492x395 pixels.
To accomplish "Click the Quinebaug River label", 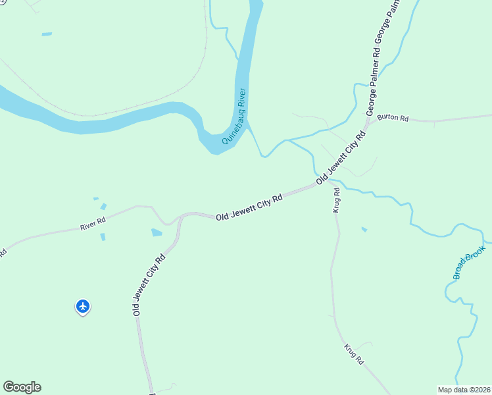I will (x=234, y=116).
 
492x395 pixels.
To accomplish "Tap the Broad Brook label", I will (x=468, y=262).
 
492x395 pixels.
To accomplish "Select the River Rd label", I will (x=93, y=224).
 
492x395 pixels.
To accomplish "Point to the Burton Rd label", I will (x=393, y=118).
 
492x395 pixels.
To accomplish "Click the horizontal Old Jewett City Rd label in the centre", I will (x=249, y=207).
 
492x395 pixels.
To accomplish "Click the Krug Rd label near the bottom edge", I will (x=354, y=354).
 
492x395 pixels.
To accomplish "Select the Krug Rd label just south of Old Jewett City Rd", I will (x=336, y=199).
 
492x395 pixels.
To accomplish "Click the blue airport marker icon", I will (x=83, y=306).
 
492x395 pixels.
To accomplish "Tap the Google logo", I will (x=22, y=387).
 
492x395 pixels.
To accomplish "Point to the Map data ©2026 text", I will (x=464, y=390).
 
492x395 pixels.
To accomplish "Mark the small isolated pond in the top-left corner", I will (x=47, y=34).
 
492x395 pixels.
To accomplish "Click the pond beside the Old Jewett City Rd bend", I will (x=157, y=232).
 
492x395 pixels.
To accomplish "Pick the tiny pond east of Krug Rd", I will (x=364, y=229).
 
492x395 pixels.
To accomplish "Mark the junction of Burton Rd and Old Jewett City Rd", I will (x=368, y=123).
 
